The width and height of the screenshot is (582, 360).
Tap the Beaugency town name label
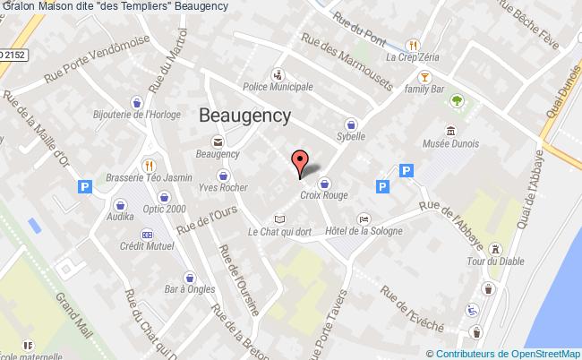tap(244, 115)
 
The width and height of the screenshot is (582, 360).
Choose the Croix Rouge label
tap(323, 193)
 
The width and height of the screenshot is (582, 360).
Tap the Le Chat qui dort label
tap(278, 232)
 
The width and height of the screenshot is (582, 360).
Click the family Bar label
tap(426, 90)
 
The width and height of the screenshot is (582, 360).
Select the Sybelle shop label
tap(351, 136)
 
